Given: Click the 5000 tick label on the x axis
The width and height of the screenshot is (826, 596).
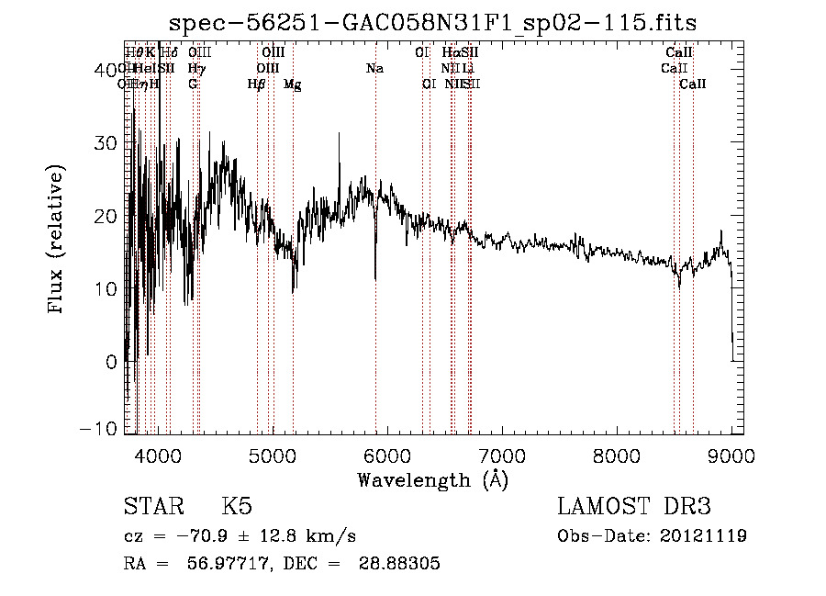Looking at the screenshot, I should coord(272,455).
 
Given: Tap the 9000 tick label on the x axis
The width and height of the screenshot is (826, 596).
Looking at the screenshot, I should coord(731,455).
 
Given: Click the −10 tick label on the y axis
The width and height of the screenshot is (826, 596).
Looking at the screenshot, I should coord(103,428).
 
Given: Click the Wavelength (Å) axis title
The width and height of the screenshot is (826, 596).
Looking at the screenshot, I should coord(432,479).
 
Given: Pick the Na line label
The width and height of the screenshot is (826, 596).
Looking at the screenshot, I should coord(374,69).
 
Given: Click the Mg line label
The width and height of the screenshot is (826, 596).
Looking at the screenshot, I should coord(293,84).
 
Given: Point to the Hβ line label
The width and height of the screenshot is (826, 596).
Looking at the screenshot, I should coord(257,84).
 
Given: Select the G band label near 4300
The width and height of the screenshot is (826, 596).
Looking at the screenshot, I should coord(193,84).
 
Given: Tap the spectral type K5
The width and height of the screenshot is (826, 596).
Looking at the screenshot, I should coord(237,507).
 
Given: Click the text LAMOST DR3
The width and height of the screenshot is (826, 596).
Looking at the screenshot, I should coord(634,507).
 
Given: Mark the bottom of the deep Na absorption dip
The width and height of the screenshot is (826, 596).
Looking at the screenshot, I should coord(375,278).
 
